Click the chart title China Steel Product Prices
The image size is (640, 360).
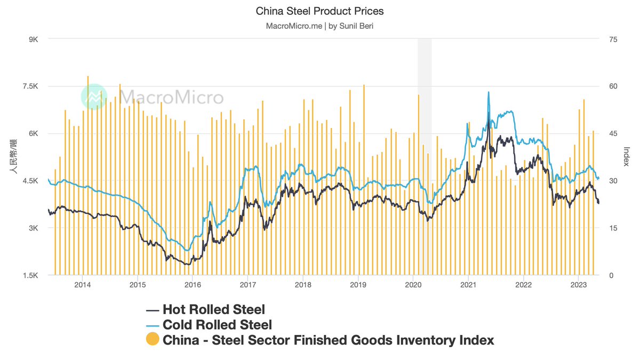click(x=319, y=11)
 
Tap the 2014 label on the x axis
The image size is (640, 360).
click(x=82, y=285)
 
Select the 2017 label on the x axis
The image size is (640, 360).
click(x=247, y=285)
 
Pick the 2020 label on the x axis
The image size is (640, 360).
click(x=413, y=285)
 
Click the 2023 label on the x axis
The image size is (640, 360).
click(x=579, y=285)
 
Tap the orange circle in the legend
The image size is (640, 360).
click(x=153, y=340)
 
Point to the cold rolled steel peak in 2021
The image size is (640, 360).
click(x=489, y=93)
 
